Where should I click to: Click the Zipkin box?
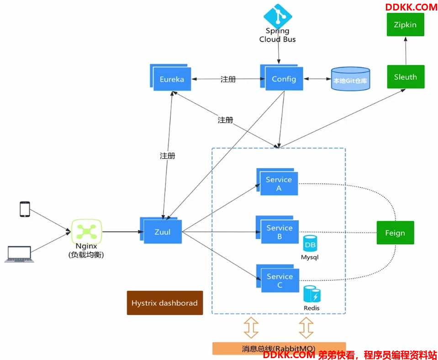point(405,25)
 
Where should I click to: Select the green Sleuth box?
point(406,77)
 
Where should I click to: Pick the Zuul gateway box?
point(161,230)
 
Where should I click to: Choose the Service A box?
point(277,182)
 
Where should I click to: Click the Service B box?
point(277,230)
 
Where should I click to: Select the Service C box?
point(278,278)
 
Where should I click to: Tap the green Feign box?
point(395,233)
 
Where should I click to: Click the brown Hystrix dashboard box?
point(165,303)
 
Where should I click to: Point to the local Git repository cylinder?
point(351,79)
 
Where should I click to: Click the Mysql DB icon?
point(310,244)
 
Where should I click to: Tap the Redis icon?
point(312,294)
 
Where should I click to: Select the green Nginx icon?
point(87,232)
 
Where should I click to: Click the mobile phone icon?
point(25,209)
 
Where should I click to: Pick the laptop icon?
point(19,254)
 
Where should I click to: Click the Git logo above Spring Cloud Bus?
point(278,16)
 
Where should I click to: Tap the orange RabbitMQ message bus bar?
point(279,348)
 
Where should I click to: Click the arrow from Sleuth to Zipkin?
point(406,51)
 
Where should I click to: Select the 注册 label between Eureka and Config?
point(228,79)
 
